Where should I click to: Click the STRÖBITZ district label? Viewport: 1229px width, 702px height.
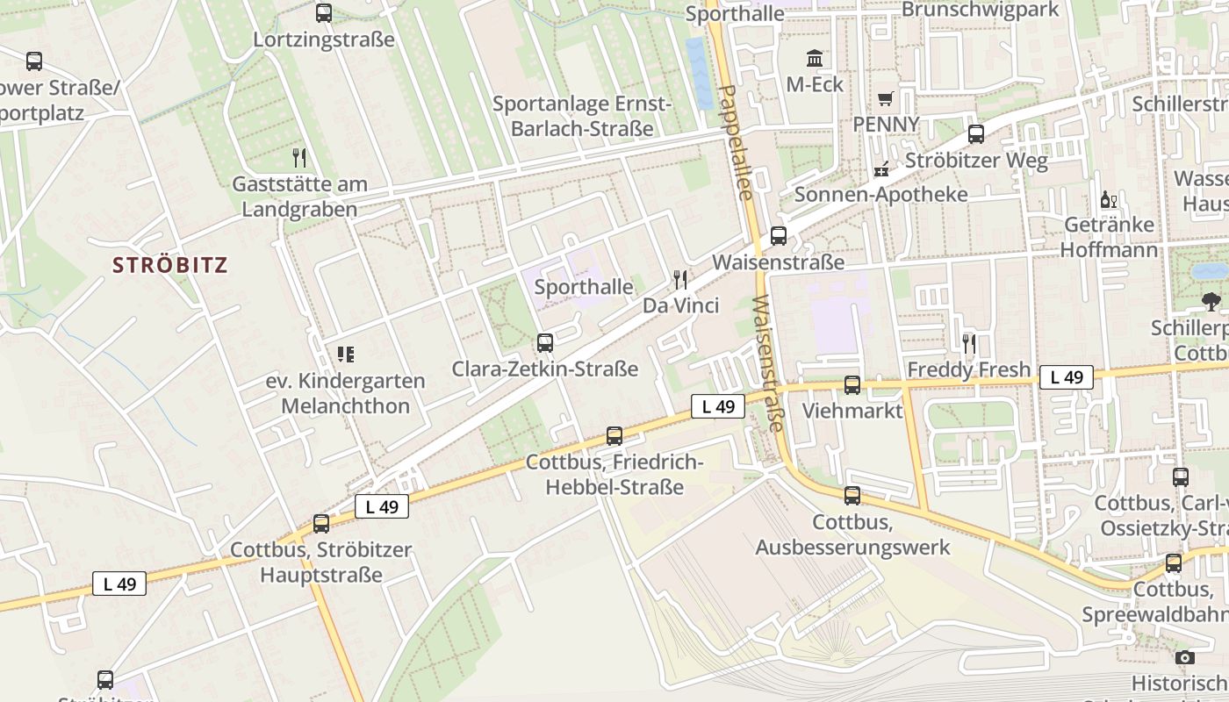tap(170, 265)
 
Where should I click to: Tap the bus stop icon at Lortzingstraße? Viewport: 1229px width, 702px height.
tap(324, 13)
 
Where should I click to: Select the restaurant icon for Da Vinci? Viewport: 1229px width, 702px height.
tap(680, 280)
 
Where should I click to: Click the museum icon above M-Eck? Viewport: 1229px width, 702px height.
tap(815, 59)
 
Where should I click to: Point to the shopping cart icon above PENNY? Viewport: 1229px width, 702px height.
tap(886, 98)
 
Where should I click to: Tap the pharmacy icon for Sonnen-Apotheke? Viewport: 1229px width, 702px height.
tap(881, 168)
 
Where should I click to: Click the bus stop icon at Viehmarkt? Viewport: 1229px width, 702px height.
tap(852, 385)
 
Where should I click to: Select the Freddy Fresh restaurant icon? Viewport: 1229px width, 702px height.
tap(969, 344)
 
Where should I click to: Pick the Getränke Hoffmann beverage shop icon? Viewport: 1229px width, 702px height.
tap(1108, 200)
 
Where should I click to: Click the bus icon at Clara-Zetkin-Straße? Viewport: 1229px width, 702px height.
tap(545, 343)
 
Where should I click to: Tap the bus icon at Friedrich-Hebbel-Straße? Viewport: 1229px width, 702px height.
tap(614, 436)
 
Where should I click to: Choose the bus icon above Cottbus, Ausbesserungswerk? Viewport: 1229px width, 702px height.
tap(852, 496)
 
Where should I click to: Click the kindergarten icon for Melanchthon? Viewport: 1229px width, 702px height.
tap(345, 355)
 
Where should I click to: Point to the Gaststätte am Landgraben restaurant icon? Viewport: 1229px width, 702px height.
tap(299, 158)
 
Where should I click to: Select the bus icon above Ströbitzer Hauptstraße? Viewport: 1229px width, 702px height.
tap(321, 524)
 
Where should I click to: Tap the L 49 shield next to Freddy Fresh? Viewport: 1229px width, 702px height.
tap(1066, 377)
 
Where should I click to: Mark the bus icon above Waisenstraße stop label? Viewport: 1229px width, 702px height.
tap(778, 236)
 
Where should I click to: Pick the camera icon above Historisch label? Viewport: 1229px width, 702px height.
tap(1184, 657)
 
